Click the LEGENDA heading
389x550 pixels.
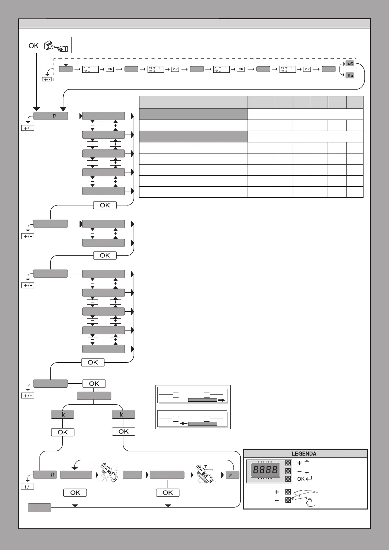[x=304, y=454]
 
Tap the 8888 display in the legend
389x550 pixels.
[x=265, y=470]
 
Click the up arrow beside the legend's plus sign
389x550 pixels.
[x=307, y=463]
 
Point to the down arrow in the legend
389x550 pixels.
[x=307, y=471]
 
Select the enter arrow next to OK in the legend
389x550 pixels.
[x=309, y=479]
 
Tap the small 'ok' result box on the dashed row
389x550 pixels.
[x=350, y=63]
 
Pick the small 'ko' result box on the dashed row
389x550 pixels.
[x=350, y=75]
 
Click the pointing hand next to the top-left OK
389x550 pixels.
[x=57, y=46]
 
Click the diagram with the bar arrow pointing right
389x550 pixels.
[x=192, y=396]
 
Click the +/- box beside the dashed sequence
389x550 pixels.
[x=46, y=79]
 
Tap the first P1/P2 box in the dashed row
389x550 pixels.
[x=90, y=69]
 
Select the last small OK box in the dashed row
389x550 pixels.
[x=307, y=69]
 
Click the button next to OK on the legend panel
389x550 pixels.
[x=288, y=479]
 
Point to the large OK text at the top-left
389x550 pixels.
[x=34, y=46]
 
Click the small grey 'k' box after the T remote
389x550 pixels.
[x=233, y=475]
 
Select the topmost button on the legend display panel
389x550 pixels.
[x=288, y=463]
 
